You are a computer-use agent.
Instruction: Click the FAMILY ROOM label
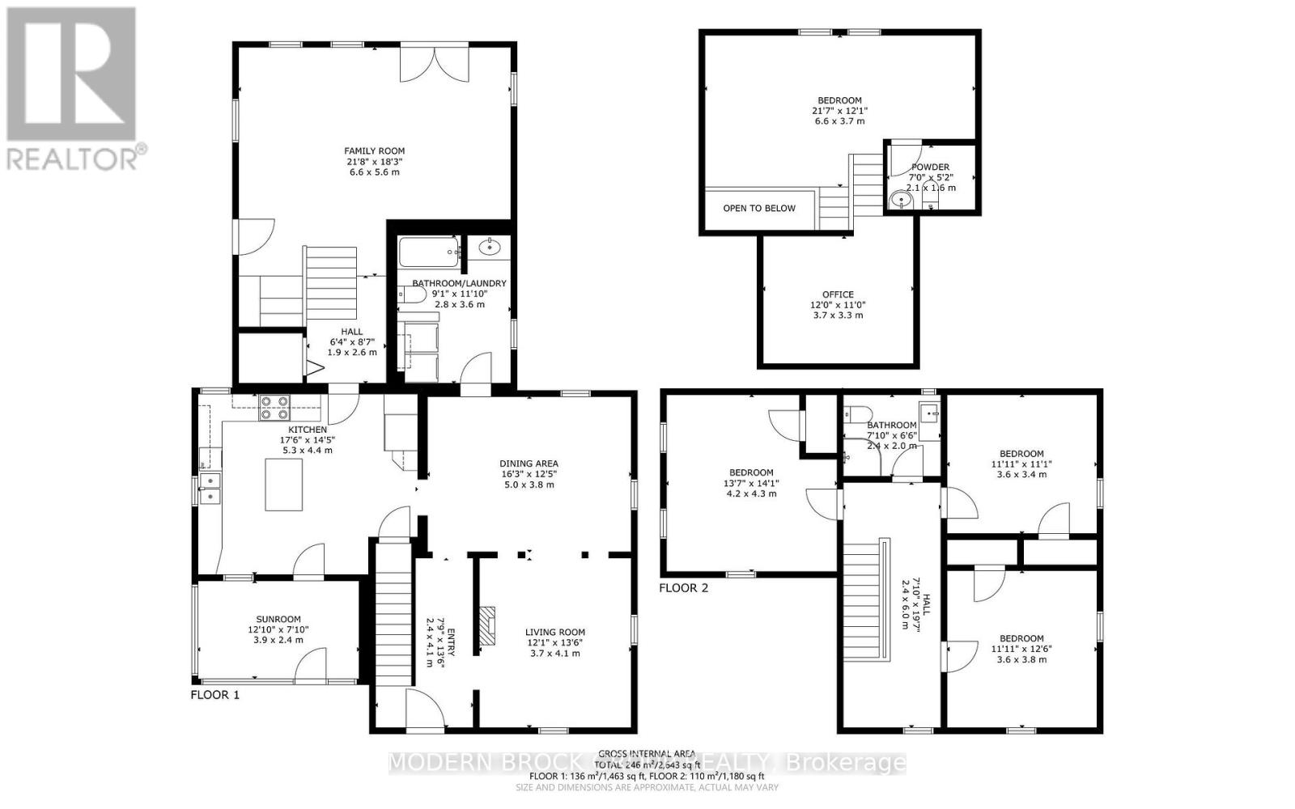374,151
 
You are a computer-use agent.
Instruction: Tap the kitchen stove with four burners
273,408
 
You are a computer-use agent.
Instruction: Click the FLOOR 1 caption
214,694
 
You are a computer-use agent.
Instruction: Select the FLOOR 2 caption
683,588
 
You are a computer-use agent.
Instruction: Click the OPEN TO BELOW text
758,208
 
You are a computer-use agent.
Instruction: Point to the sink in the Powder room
898,200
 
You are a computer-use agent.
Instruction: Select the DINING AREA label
529,464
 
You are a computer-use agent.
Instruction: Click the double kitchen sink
210,488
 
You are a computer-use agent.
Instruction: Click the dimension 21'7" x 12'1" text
839,111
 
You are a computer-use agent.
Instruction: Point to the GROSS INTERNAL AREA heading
647,752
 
